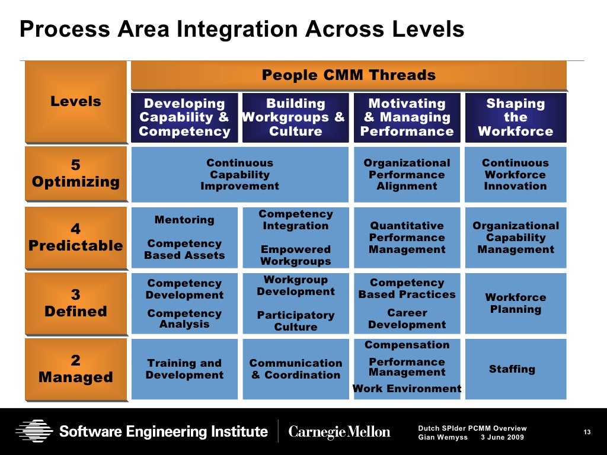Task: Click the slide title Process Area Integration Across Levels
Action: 242,29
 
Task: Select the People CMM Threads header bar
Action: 349,75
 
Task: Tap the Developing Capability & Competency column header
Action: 184,117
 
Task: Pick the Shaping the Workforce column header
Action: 515,117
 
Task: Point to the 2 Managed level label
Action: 75,369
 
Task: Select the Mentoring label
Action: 184,220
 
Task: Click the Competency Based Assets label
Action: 184,249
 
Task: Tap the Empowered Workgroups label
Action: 296,255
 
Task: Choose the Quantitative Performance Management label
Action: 407,238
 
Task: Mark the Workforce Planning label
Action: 515,303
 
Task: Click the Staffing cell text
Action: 512,369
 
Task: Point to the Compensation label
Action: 407,345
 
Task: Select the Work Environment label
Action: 407,389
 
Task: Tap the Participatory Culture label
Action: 296,321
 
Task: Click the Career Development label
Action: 407,319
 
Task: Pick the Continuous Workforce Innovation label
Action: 515,174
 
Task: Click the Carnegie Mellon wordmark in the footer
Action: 339,432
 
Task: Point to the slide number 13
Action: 587,432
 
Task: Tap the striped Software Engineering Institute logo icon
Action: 34,431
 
